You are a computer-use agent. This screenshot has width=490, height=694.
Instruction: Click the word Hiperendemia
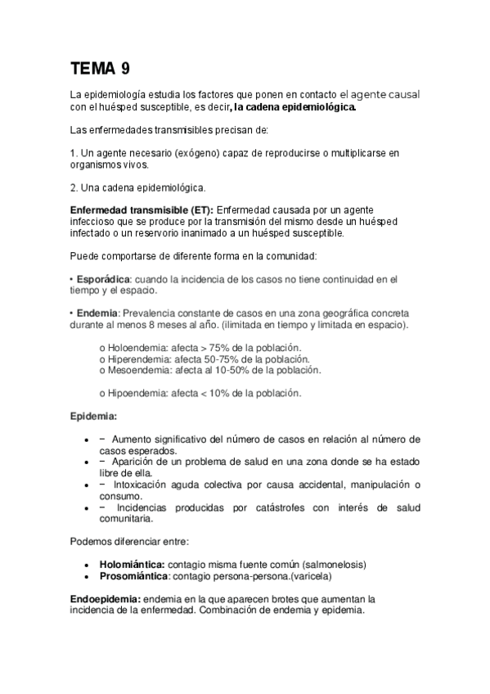point(140,359)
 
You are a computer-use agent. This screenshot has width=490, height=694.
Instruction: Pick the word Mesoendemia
point(139,370)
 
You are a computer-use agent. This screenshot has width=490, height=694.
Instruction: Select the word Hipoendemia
point(137,393)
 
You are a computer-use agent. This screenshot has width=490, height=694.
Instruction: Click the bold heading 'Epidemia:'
point(93,417)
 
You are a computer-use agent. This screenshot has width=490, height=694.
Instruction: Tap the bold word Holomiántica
point(132,564)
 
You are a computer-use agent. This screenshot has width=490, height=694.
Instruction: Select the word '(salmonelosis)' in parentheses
point(334,564)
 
